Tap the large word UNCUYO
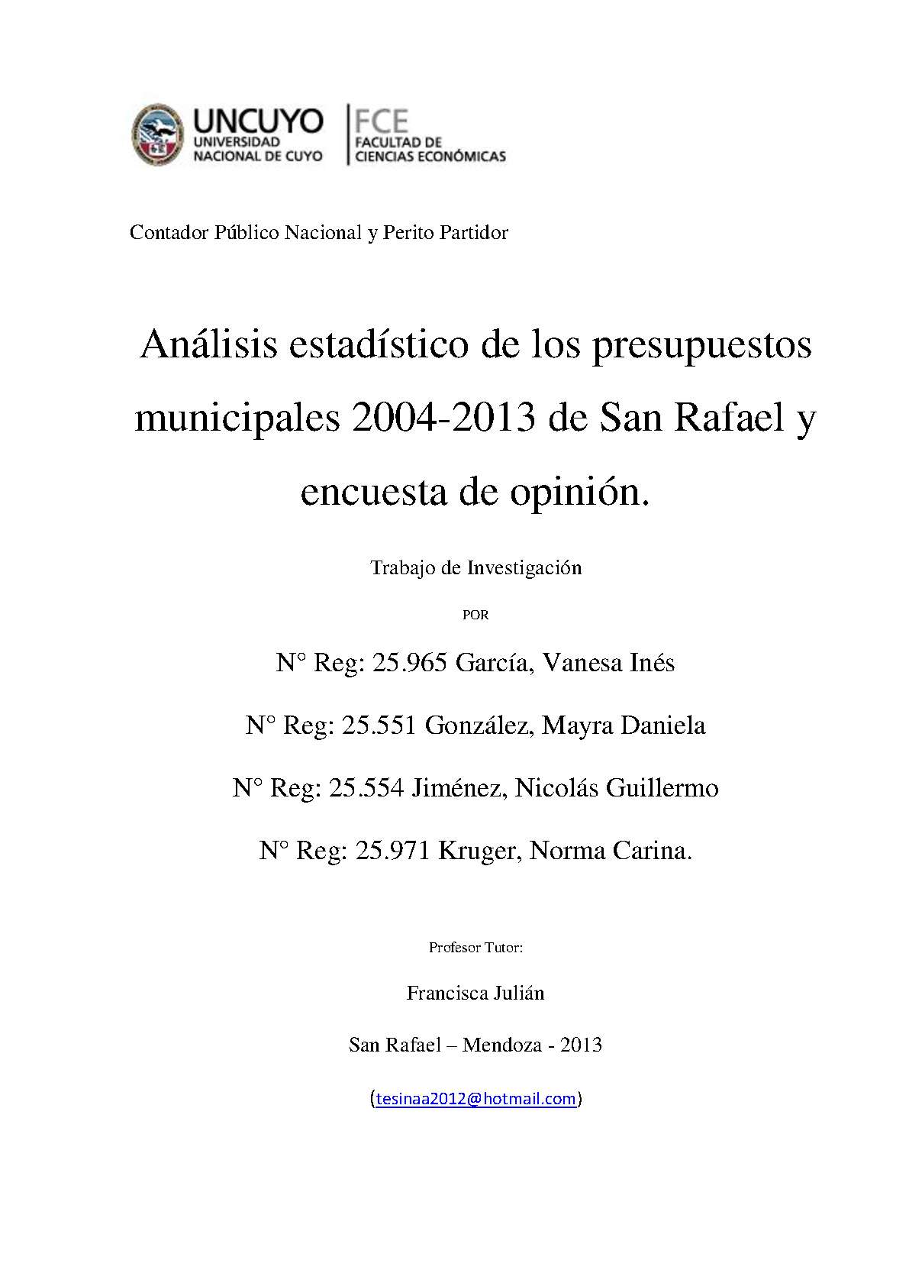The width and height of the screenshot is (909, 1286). pyautogui.click(x=258, y=122)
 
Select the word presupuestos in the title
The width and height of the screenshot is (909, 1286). pyautogui.click(x=701, y=345)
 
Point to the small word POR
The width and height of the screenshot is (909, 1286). pyautogui.click(x=475, y=615)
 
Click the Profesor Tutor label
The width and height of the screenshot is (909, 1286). pyautogui.click(x=475, y=948)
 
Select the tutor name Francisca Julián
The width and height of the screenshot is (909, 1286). pyautogui.click(x=475, y=994)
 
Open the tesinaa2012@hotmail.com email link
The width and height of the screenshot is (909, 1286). pyautogui.click(x=475, y=1099)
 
